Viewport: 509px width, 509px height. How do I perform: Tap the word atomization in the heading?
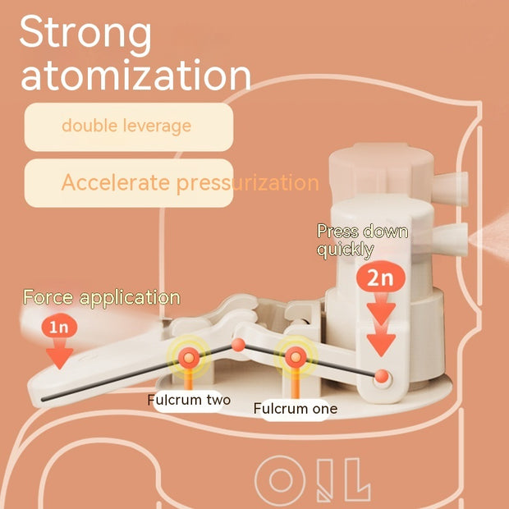[136, 75]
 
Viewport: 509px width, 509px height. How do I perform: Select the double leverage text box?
[129, 127]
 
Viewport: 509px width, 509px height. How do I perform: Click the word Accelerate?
[116, 182]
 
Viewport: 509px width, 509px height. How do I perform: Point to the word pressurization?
[248, 183]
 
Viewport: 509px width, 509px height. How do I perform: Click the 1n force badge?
[59, 327]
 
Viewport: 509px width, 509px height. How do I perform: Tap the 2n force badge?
[381, 277]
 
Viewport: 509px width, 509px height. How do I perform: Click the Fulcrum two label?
[189, 401]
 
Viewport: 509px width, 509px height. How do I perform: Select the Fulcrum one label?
[296, 408]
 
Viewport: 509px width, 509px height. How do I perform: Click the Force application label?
[102, 297]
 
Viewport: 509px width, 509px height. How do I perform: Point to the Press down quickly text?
[362, 241]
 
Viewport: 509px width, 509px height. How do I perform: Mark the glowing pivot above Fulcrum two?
[189, 358]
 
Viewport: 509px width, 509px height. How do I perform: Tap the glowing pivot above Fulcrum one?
[296, 357]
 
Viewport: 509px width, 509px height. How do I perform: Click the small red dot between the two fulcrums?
[239, 345]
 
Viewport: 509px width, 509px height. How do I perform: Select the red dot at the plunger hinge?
[382, 376]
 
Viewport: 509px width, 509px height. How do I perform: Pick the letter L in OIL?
[357, 479]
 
